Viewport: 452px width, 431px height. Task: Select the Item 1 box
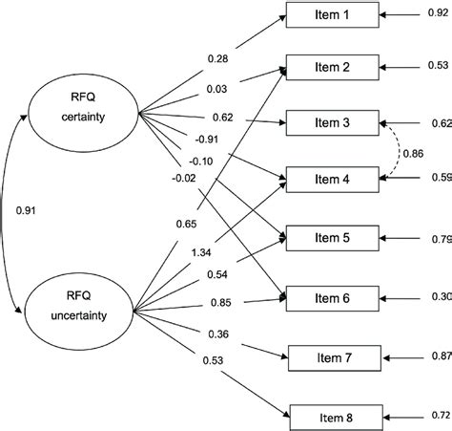[x=332, y=16]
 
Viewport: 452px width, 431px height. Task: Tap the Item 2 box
[x=332, y=68]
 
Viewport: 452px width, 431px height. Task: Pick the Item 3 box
[x=332, y=123]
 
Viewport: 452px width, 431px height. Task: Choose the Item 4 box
[x=332, y=178]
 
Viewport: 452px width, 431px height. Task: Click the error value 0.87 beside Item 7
[x=441, y=356]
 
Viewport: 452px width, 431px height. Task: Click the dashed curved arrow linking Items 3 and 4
[x=393, y=151]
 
